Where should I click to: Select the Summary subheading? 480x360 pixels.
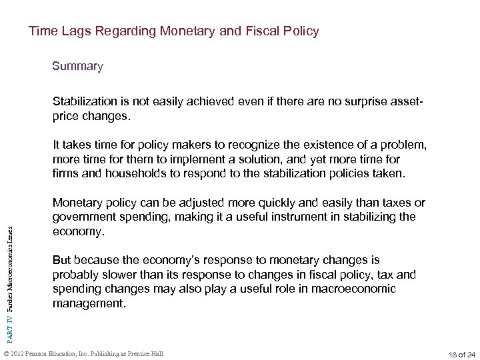point(78,67)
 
